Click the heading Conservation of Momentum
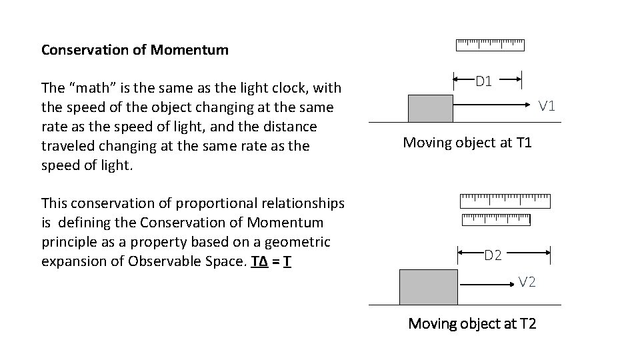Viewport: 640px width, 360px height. (135, 49)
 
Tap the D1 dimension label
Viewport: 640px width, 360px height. (483, 82)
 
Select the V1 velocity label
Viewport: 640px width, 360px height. (547, 105)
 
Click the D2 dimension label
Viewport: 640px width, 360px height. (493, 254)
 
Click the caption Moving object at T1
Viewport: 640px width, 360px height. (467, 142)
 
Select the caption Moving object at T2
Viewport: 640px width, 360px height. (472, 324)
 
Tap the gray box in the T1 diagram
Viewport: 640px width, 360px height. (430, 108)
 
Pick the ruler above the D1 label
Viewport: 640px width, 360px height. (490, 45)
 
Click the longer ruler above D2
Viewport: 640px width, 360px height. (505, 199)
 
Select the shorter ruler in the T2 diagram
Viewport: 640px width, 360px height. (495, 219)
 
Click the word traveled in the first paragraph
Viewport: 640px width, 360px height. (65, 145)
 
